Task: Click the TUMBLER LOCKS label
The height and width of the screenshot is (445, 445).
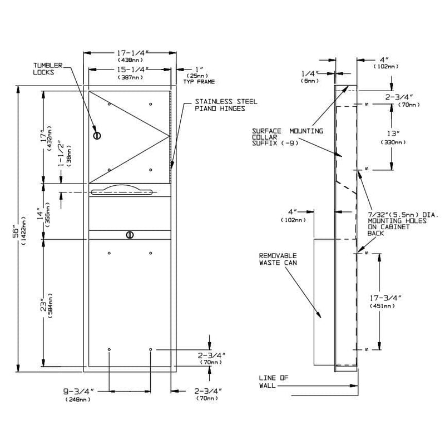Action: pos(48,69)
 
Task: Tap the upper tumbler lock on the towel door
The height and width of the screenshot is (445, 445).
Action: pos(97,136)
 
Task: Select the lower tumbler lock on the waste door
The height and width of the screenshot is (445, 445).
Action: pos(130,235)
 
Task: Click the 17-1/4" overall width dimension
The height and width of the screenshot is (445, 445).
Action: pos(133,56)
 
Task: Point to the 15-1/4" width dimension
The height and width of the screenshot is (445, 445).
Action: pos(133,73)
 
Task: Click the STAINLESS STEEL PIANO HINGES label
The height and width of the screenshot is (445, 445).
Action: pos(226,105)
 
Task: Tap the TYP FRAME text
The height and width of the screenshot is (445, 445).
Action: pos(199,82)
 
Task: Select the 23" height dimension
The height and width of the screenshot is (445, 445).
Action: pos(47,306)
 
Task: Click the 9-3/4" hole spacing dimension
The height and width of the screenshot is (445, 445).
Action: pos(78,395)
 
